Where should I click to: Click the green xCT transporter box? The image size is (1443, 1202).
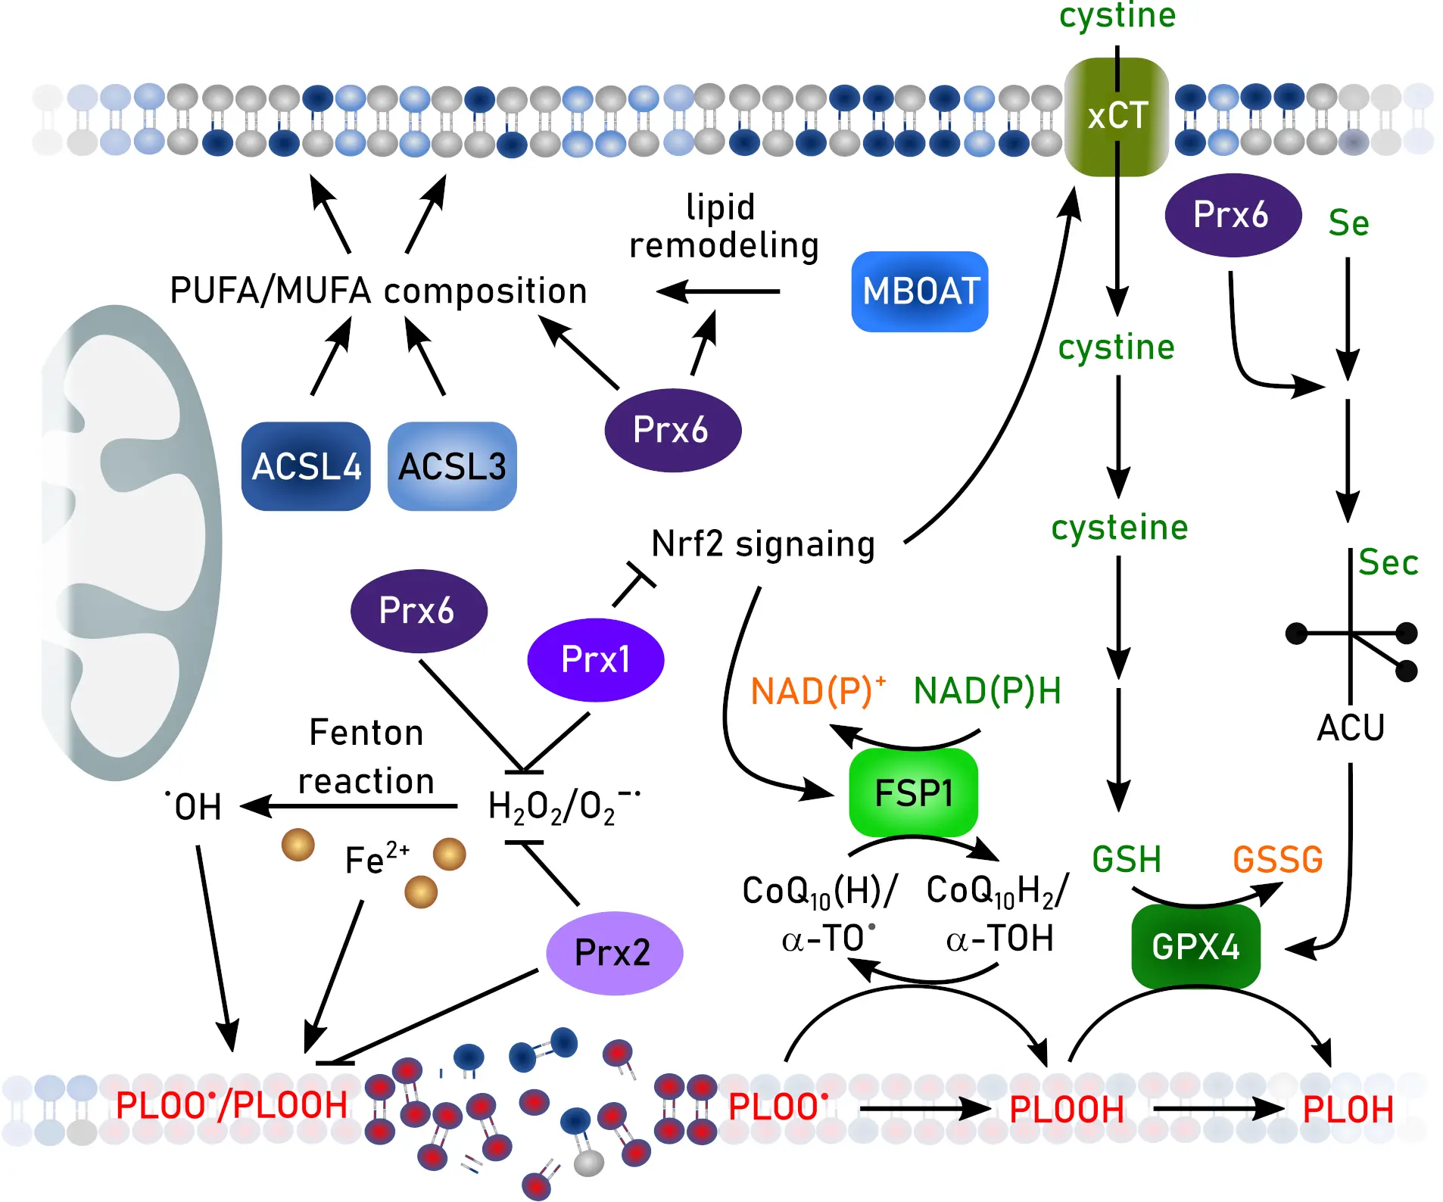point(1116,117)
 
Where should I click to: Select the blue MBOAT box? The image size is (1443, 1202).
point(919,291)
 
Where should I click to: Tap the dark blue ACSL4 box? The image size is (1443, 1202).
point(306,466)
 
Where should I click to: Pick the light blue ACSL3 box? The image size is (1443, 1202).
point(452,466)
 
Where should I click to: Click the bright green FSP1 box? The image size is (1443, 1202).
point(913,793)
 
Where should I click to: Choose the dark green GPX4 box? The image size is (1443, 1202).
point(1195,946)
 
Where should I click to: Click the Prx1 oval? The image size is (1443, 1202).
point(595,659)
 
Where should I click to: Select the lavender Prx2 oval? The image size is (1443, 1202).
point(613,952)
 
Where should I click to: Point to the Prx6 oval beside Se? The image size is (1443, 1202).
point(1232,215)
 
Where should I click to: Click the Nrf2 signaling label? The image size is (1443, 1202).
point(762,544)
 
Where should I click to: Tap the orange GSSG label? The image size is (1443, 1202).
point(1277,860)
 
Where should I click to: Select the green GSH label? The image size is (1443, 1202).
point(1126,860)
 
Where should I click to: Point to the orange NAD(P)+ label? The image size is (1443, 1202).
point(817,691)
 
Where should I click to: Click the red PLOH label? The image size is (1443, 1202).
point(1348,1110)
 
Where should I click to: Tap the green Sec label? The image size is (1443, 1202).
point(1387,562)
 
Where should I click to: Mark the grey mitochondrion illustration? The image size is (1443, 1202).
point(129,541)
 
